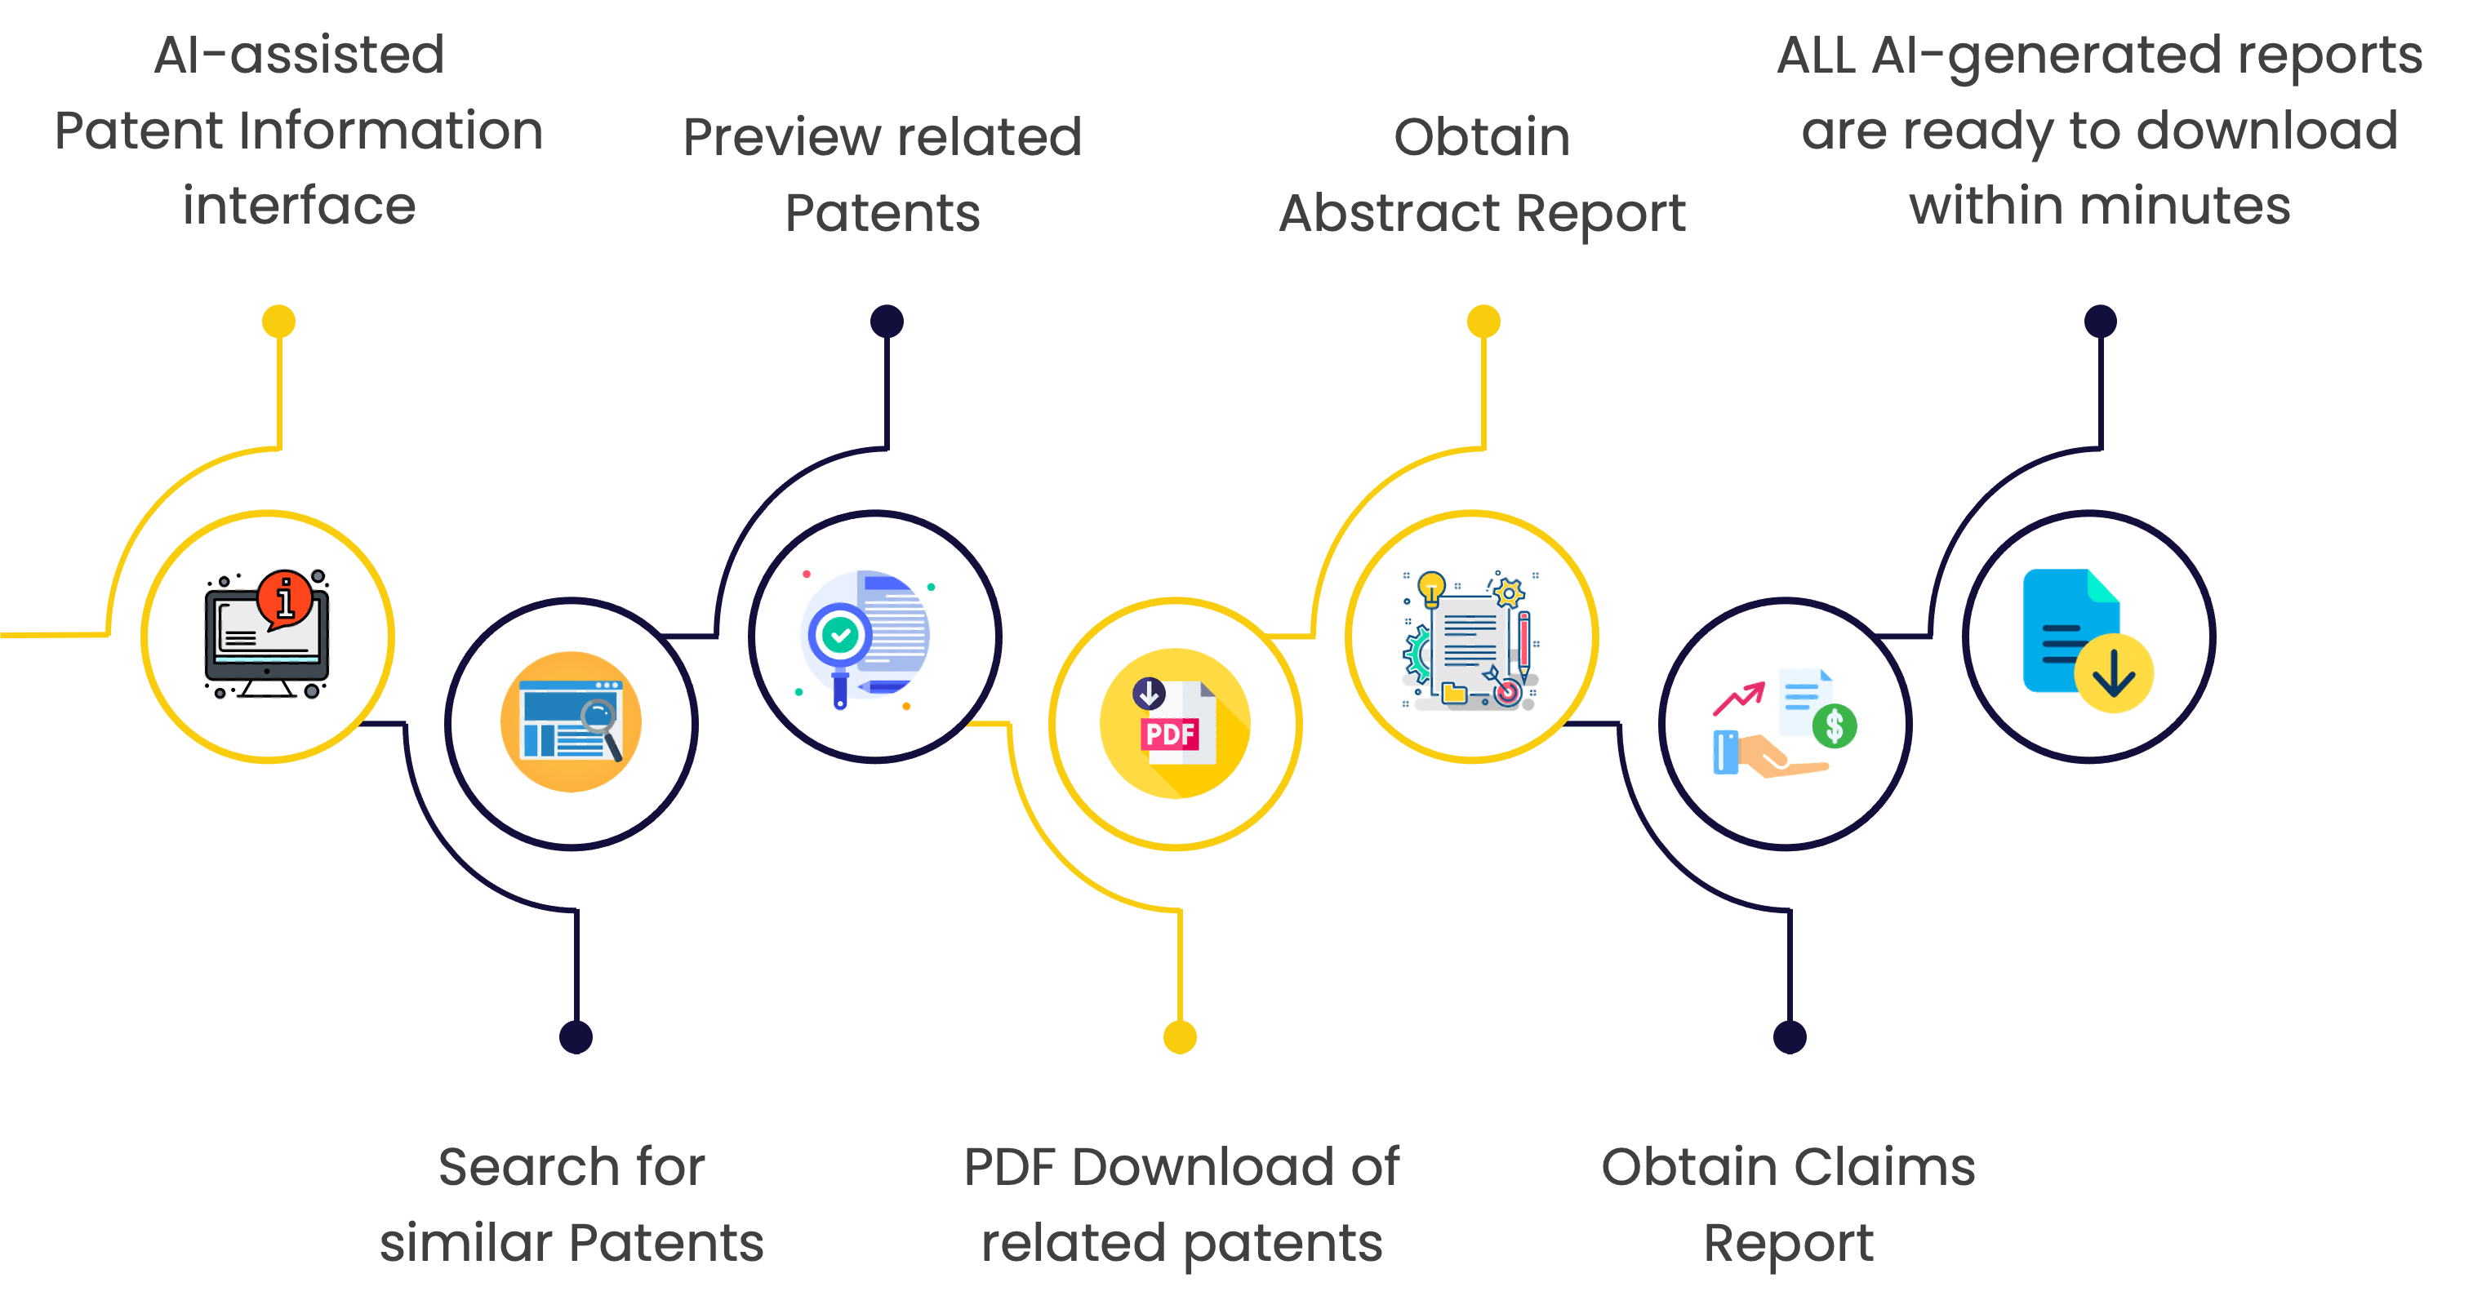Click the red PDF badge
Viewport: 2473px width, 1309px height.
1170,734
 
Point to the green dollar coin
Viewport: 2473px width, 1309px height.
1835,725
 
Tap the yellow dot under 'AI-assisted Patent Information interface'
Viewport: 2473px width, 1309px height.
278,321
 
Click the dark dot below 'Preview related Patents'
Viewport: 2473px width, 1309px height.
887,321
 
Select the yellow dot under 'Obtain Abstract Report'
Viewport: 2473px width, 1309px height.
1483,321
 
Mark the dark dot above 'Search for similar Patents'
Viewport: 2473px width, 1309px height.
576,1036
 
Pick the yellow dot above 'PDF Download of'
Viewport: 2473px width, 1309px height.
1180,1036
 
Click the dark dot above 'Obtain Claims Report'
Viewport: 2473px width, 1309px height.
1790,1036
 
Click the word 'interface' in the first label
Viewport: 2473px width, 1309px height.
299,206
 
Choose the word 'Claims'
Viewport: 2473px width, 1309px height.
1884,1167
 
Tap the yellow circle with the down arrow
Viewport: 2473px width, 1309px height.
2113,674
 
